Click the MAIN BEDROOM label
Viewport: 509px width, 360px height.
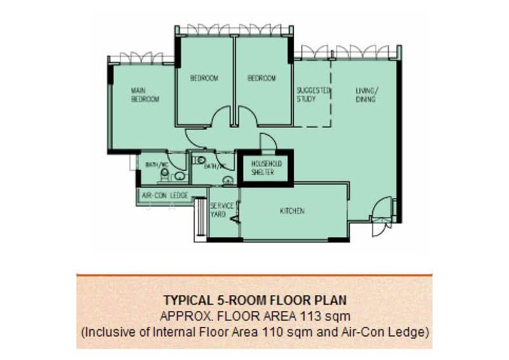coord(144,95)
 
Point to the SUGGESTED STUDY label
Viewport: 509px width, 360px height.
coord(313,95)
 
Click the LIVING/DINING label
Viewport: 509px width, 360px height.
coord(366,95)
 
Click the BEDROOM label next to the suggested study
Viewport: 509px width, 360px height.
coord(261,78)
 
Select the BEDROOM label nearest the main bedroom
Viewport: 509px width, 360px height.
coord(204,78)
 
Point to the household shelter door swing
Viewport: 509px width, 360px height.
coord(266,142)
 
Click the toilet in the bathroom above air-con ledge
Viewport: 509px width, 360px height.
coord(179,176)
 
